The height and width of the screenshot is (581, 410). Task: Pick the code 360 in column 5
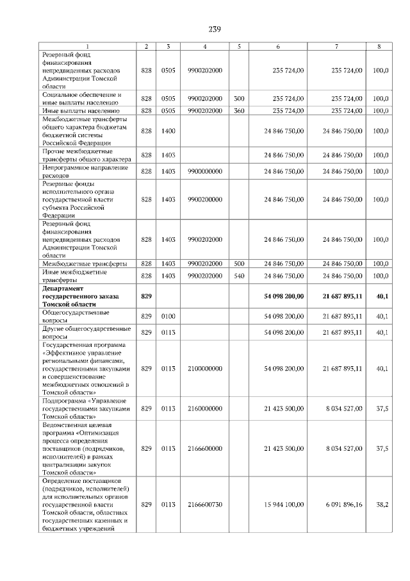[x=239, y=110]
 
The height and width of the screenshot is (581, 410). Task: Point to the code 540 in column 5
[x=239, y=275]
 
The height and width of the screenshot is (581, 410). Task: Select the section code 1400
[x=168, y=130]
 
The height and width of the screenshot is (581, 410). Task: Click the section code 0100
[x=168, y=316]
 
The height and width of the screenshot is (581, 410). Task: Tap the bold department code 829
[x=146, y=296]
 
